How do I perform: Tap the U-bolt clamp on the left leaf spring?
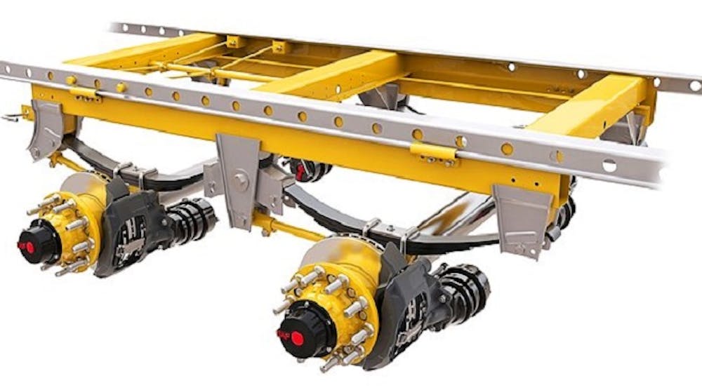(133, 175)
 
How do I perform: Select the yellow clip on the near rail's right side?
(430, 150)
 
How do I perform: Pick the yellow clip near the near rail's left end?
(84, 93)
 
